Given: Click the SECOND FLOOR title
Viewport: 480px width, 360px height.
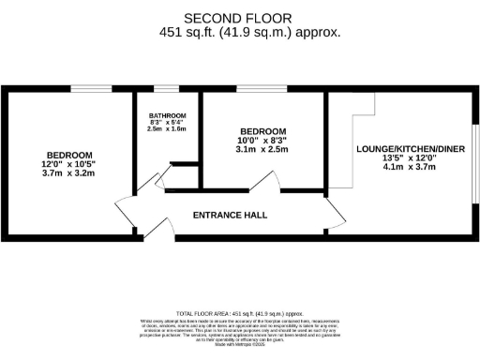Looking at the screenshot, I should (237, 18).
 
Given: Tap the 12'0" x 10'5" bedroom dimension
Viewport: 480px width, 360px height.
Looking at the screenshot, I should (70, 165).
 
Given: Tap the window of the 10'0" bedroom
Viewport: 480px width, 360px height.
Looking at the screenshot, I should (249, 89).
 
